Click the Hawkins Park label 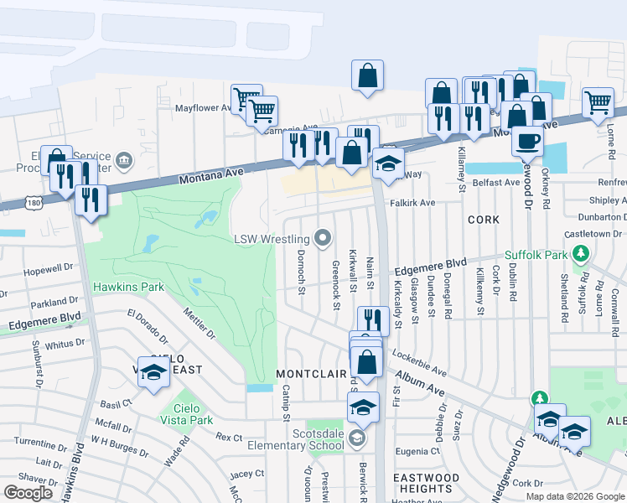(128, 287)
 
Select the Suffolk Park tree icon (580, 253)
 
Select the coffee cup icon (527, 141)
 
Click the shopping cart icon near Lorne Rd (598, 102)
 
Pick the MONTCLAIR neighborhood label (311, 374)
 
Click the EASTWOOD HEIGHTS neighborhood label (427, 483)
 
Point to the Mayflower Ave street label (203, 108)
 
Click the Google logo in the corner (29, 493)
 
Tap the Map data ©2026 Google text (574, 495)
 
